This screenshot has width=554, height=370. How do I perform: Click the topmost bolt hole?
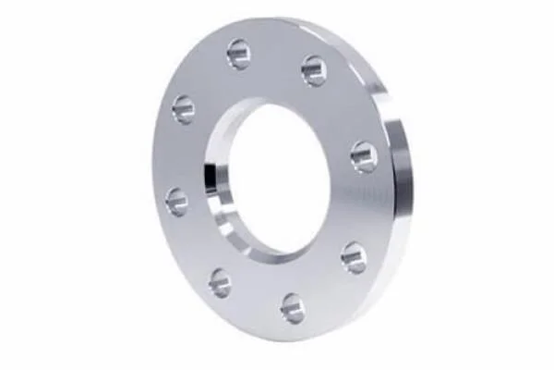point(239,55)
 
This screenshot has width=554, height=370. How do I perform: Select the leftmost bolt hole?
point(176,201)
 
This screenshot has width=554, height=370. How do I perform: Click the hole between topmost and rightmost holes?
point(314,70)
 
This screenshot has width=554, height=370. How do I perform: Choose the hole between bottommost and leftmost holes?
point(221,282)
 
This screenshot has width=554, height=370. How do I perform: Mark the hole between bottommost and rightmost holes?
point(354,256)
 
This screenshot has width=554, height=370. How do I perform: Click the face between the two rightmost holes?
point(366,208)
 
